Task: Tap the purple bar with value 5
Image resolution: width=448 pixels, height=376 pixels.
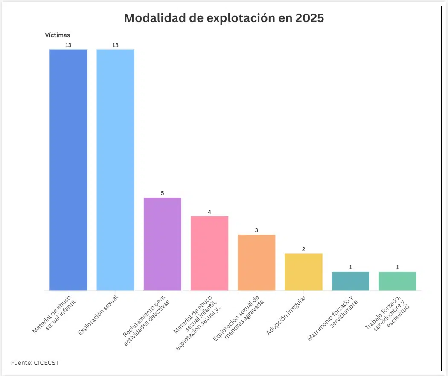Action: point(162,244)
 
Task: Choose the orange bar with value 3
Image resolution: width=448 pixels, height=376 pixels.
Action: point(256,262)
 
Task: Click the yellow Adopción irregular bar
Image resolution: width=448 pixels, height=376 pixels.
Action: point(303,272)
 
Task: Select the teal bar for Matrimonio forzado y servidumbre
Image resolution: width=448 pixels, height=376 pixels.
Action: point(350,281)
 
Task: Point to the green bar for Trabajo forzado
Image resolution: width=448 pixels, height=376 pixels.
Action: point(397,281)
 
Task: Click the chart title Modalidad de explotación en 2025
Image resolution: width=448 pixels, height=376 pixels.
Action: point(224,18)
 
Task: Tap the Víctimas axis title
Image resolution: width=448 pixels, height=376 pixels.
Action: point(57,35)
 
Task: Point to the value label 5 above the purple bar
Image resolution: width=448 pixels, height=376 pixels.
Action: point(162,193)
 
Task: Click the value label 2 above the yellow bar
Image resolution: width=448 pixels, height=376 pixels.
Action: point(303,249)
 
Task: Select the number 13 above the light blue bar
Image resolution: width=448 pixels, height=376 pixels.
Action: point(115,45)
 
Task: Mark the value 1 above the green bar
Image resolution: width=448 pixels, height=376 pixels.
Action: point(397,268)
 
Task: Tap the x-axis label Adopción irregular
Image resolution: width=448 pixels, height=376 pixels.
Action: point(286,315)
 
